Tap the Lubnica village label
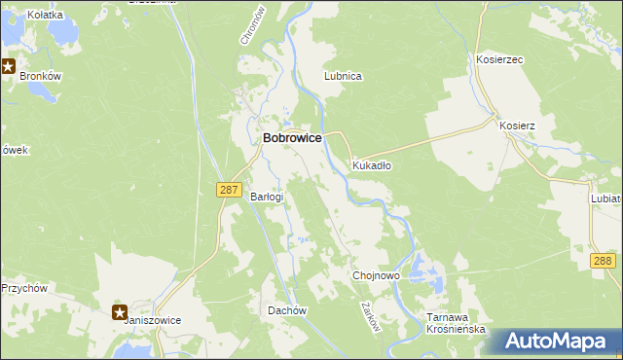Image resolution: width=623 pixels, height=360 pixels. tap(343, 75)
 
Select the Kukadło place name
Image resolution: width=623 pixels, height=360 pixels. tap(372, 165)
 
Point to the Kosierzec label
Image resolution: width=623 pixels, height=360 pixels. tap(499, 59)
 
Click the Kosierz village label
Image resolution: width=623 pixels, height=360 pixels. tap(517, 126)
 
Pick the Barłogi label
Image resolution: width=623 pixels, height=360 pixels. tap(267, 197)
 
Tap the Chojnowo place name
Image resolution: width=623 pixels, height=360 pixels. tap(376, 276)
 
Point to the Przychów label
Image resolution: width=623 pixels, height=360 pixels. tap(25, 288)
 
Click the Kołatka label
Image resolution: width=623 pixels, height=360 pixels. tap(45, 15)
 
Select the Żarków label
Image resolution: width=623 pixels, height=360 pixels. tap(369, 317)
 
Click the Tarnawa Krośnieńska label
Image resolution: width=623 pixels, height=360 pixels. tap(456, 323)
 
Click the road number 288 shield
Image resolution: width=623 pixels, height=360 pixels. tap(603, 261)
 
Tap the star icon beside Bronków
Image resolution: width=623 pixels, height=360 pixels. tap(8, 67)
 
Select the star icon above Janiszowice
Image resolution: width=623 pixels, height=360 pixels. tap(119, 312)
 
